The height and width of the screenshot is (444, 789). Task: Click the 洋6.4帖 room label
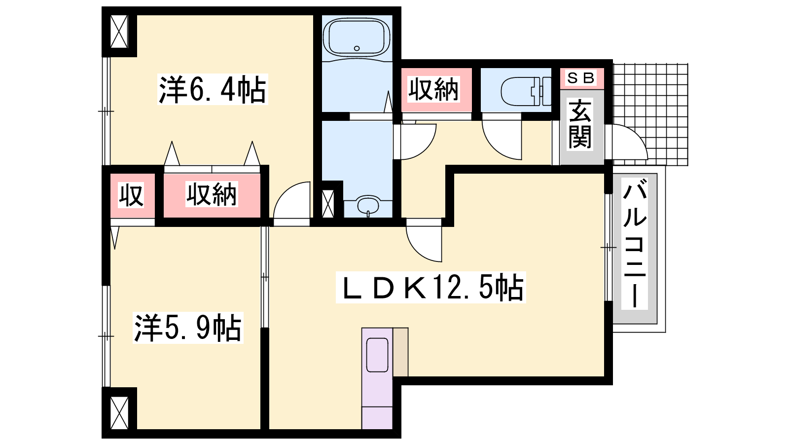coord(213,89)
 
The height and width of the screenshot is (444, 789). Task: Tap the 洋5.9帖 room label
coord(188,328)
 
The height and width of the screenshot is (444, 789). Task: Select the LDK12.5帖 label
coord(431,287)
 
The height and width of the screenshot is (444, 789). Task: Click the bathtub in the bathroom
coord(357,37)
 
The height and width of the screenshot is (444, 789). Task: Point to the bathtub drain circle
coord(357,48)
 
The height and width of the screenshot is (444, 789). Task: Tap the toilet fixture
coord(526,92)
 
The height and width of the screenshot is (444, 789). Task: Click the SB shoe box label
coord(581,78)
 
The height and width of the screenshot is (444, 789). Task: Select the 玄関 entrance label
coord(580,124)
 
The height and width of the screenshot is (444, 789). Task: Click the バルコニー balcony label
coord(635,243)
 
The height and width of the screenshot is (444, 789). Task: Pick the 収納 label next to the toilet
coord(433,89)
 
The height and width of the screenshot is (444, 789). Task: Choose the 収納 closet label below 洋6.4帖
coord(212,194)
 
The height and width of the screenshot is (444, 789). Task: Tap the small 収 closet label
coord(131,195)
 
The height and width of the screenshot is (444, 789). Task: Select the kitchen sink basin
coord(377,355)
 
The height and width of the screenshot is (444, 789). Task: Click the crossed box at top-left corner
coord(119,32)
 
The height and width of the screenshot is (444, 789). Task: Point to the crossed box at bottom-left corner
coord(119,412)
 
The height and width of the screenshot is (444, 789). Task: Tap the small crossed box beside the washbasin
coord(328,203)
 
